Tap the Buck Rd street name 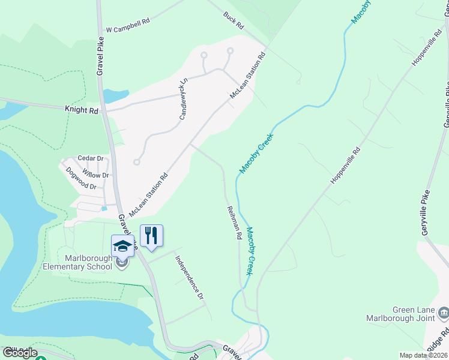[234, 21]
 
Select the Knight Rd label [81, 110]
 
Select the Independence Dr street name [190, 278]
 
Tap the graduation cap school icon [122, 245]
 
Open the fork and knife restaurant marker [151, 235]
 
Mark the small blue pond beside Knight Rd [115, 95]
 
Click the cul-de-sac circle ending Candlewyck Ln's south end [137, 161]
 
